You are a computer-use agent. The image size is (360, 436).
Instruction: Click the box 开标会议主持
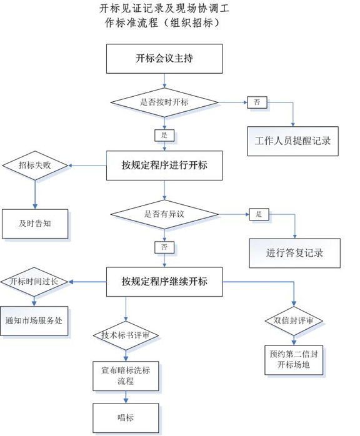[x=164, y=59]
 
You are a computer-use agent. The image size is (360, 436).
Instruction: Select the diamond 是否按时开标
[x=164, y=102]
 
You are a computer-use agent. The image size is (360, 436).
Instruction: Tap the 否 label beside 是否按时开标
[x=257, y=102]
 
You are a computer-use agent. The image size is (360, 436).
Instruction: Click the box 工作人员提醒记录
[x=293, y=141]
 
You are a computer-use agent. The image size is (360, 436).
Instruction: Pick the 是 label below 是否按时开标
[x=164, y=136]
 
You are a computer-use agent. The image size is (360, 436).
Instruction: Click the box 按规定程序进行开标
[x=164, y=166]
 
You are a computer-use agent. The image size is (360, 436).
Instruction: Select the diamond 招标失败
[x=35, y=166]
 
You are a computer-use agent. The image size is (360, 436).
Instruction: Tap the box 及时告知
[x=35, y=224]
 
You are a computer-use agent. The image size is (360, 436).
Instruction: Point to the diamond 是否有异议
[x=164, y=214]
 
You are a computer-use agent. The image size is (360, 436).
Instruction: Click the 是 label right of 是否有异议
[x=259, y=214]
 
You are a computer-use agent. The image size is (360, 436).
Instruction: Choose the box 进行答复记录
[x=294, y=253]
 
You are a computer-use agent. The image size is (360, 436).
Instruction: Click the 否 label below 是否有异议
[x=164, y=247]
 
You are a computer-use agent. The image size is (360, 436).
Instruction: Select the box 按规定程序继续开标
[x=164, y=282]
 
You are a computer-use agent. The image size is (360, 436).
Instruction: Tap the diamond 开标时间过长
[x=34, y=282]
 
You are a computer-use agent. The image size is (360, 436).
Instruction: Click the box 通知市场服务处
[x=34, y=321]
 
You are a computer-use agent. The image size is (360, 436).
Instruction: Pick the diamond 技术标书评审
[x=126, y=335]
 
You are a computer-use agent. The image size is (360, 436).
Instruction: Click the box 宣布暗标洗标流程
[x=126, y=376]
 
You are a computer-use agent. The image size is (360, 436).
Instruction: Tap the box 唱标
[x=126, y=418]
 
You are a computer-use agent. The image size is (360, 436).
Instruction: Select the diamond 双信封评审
[x=294, y=320]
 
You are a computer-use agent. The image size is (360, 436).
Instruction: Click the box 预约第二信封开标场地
[x=294, y=360]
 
